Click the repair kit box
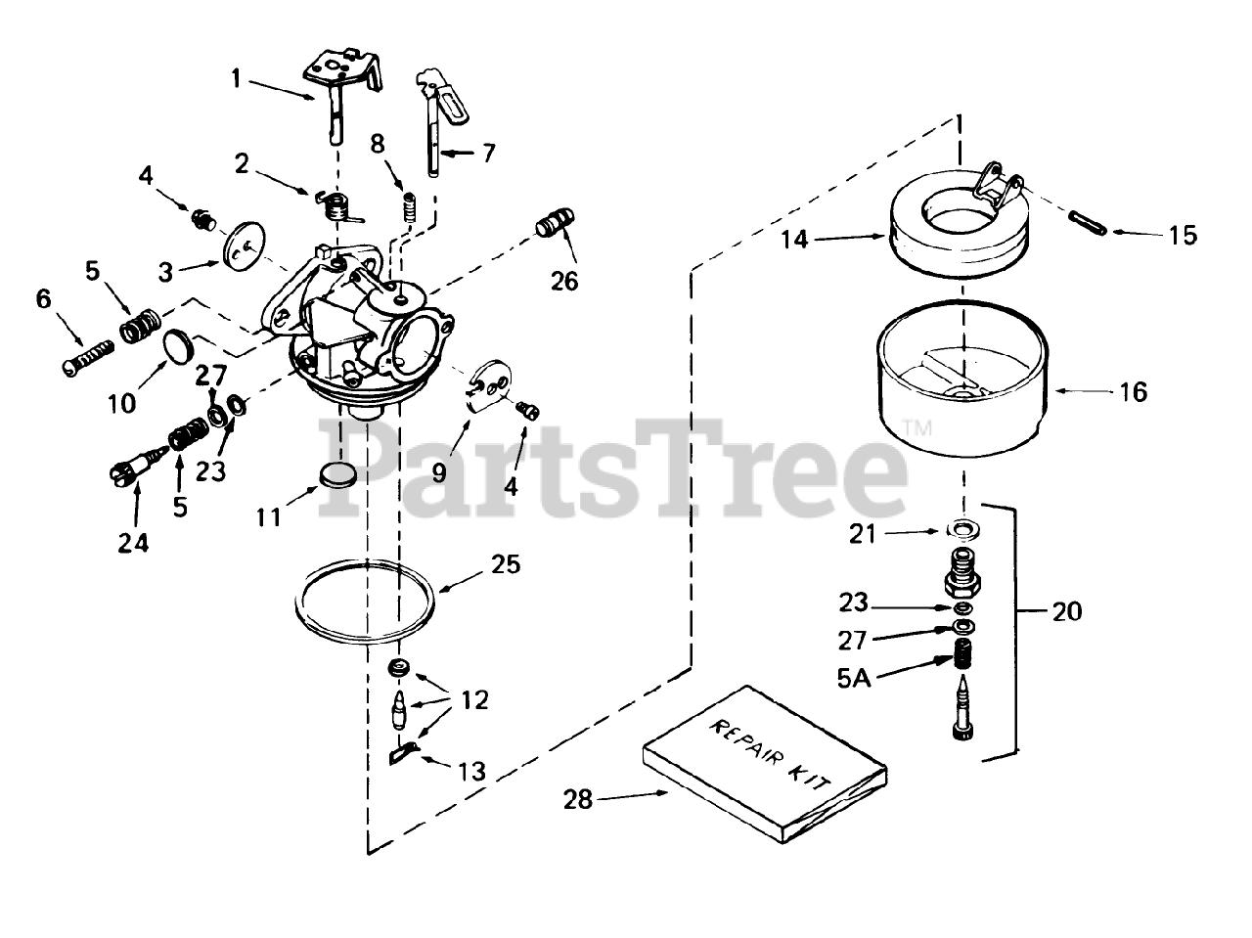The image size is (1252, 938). click(765, 759)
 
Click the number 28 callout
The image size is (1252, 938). click(577, 799)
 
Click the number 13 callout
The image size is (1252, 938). click(471, 771)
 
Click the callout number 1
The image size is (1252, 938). click(235, 77)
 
